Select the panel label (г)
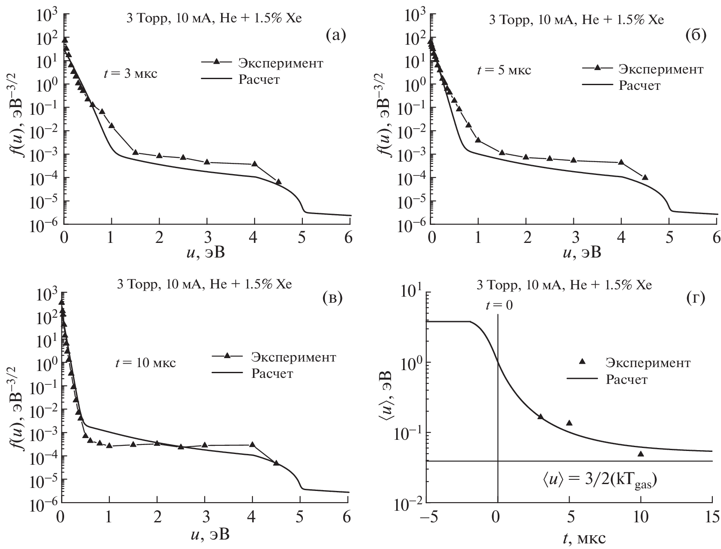click(x=696, y=298)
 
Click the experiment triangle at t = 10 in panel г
click(x=641, y=454)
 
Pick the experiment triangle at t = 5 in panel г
click(x=569, y=423)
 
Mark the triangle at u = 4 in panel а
click(x=254, y=164)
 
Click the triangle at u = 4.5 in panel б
click(x=645, y=177)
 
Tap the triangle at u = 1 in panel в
click(x=109, y=445)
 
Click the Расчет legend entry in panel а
click(x=259, y=80)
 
